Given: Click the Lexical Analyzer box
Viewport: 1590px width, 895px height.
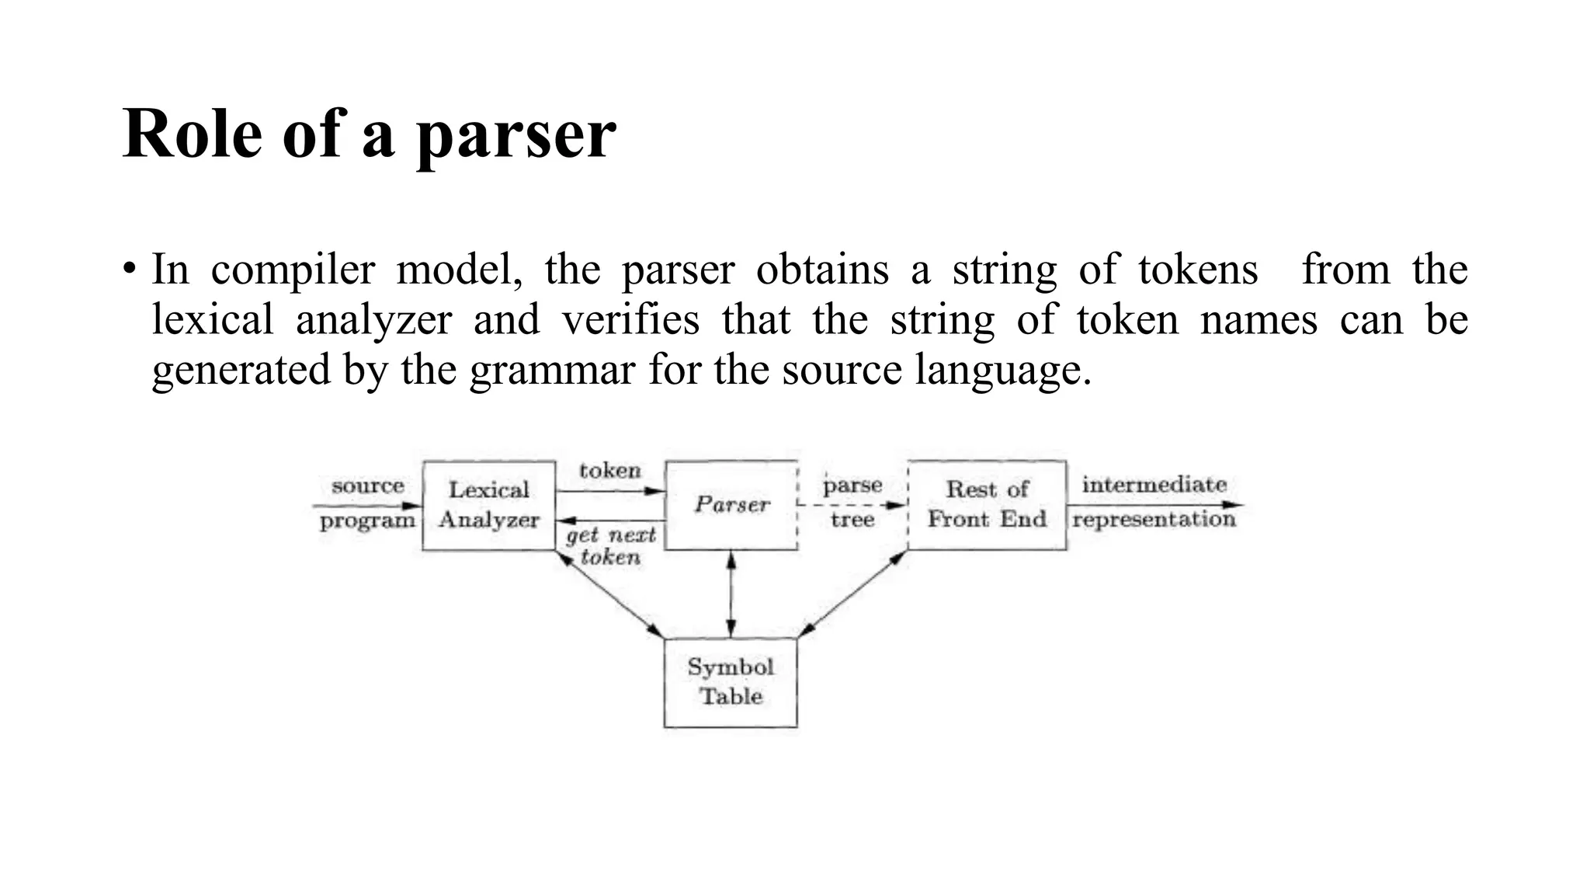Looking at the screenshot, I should [488, 505].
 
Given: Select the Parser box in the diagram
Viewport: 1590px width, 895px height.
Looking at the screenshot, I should [731, 505].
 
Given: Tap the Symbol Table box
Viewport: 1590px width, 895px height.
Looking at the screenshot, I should [730, 682].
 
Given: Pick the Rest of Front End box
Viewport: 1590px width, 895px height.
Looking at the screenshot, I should [987, 504].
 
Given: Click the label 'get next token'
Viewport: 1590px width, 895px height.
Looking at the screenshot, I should [610, 545].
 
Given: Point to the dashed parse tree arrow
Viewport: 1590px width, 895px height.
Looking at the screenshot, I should [852, 505].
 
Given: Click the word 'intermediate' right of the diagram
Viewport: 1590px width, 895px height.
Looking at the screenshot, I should [1154, 485].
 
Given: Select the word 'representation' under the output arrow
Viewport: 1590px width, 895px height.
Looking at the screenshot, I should [1154, 519].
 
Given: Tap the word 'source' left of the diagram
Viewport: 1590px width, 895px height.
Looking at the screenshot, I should [367, 486].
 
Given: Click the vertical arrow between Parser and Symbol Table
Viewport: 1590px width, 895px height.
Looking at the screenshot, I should [731, 594].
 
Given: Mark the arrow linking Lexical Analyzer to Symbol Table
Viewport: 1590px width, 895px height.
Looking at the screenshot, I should [610, 594].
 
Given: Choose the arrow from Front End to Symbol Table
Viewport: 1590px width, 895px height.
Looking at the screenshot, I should [852, 594].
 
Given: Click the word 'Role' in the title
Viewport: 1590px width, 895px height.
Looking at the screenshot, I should [192, 134].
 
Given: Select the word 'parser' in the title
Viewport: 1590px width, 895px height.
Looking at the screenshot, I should [516, 136].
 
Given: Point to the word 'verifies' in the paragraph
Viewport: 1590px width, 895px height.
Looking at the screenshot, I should [630, 319].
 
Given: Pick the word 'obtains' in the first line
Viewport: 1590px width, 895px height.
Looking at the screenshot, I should [822, 270].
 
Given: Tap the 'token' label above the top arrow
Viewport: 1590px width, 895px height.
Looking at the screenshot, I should [610, 470].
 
